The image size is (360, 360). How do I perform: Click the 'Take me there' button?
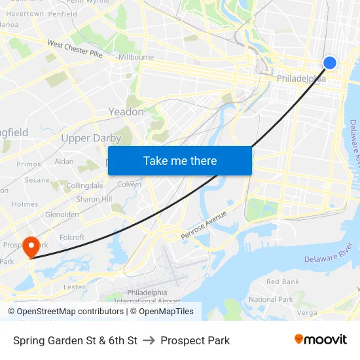(180, 160)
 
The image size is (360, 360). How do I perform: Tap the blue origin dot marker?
(330, 62)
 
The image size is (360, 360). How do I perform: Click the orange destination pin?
(31, 247)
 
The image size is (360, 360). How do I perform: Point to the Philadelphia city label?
(301, 79)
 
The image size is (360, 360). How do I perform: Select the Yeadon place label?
(126, 112)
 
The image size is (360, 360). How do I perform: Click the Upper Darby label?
(91, 138)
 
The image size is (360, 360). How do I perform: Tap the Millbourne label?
(136, 57)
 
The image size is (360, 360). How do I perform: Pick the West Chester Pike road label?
(75, 48)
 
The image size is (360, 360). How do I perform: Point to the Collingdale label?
(84, 186)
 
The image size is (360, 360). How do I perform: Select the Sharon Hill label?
(94, 199)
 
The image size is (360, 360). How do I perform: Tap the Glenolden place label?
(62, 214)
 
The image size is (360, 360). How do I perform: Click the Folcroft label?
(72, 238)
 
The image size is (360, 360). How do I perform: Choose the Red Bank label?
(283, 282)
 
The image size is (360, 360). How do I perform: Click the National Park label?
(271, 299)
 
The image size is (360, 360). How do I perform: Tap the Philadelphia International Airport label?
(154, 297)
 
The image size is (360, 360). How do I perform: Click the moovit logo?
(321, 340)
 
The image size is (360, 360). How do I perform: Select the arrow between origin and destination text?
(149, 340)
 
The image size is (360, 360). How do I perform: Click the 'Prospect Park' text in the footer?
(195, 340)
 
